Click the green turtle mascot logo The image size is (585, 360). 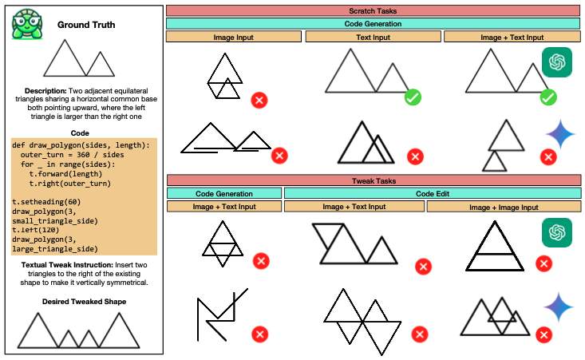[x=26, y=25]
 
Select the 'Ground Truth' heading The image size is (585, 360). [x=86, y=25]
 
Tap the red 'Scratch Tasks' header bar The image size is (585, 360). [x=373, y=11]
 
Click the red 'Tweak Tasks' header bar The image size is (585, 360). [x=373, y=180]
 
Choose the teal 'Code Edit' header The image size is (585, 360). [x=431, y=194]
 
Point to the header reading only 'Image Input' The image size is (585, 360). [x=235, y=37]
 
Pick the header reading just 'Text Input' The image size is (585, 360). [x=373, y=37]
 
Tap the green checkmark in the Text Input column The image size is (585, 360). [x=413, y=97]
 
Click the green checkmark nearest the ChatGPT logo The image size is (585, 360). [x=547, y=97]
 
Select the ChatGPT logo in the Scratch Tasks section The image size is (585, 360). [x=556, y=62]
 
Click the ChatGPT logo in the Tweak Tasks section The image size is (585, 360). [x=557, y=232]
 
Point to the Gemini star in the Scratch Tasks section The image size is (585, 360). [x=560, y=133]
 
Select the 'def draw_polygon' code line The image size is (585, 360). [x=81, y=144]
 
